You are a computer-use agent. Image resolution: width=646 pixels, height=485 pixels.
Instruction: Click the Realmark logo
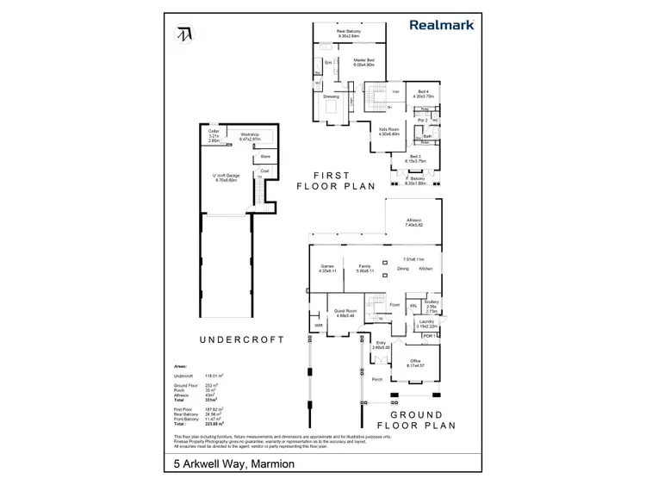click(442, 26)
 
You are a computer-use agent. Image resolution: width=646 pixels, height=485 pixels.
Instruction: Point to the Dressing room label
click(331, 96)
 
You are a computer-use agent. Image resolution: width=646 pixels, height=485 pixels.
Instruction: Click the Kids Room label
click(389, 130)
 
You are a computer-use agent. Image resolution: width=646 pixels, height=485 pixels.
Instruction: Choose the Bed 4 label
click(423, 93)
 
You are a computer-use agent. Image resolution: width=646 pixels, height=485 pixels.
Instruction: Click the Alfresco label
click(413, 221)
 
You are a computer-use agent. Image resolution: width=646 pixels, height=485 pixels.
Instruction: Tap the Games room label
click(326, 268)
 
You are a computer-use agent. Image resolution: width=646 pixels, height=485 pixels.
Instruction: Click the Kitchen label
click(425, 270)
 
